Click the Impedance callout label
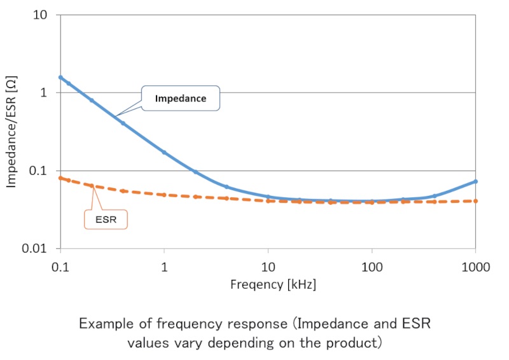181,99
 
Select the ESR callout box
106,219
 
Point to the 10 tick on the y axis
41,15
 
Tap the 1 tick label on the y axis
44,93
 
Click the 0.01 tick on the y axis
36,249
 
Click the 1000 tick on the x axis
476,266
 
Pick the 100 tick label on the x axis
372,266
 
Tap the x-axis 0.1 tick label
60,266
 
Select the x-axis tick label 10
268,266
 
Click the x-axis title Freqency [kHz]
273,284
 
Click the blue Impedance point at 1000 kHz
476,181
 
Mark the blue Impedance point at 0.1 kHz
60,78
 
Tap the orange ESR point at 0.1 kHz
60,178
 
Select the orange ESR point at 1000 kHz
476,201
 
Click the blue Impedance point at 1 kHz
164,152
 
